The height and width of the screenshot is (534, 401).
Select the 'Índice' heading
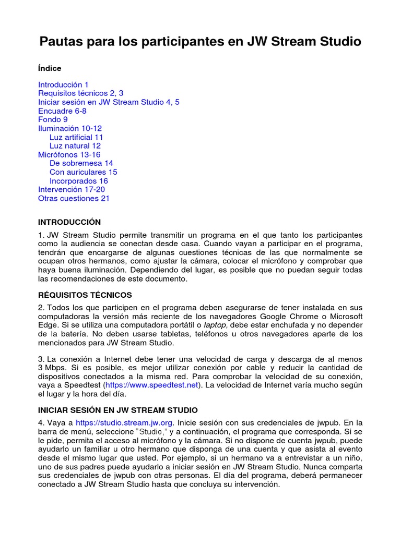point(50,68)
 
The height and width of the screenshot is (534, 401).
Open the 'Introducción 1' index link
point(63,84)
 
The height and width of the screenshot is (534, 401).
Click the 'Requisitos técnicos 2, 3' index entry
point(80,93)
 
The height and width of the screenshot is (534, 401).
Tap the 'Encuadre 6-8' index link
point(62,111)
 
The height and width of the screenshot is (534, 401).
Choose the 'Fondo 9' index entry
point(53,119)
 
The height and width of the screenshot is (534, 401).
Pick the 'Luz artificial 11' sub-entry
point(76,137)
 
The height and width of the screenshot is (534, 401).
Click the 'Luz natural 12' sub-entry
point(75,146)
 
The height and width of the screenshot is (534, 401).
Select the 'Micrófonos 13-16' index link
point(69,155)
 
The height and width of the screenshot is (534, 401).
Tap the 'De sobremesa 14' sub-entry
point(81,163)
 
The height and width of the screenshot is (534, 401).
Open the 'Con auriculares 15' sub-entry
point(83,172)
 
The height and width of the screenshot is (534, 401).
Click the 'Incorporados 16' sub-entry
point(79,181)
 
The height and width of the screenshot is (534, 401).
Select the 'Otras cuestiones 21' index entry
point(74,198)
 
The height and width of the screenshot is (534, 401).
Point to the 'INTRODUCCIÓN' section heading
point(69,222)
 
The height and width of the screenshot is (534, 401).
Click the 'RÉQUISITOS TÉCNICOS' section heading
point(85,295)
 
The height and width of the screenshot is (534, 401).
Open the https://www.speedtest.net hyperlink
point(152,385)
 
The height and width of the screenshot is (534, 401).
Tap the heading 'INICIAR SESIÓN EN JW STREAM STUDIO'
point(117,410)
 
